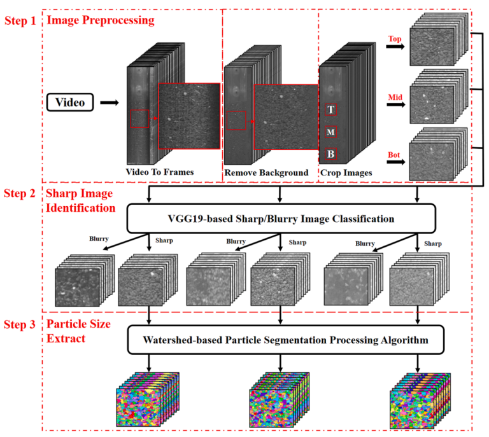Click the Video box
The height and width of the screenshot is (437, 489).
click(70, 101)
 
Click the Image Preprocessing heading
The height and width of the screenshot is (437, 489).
click(100, 20)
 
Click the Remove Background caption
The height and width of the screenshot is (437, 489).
click(266, 172)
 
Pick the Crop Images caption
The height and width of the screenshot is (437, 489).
click(345, 172)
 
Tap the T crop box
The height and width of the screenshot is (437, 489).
click(330, 109)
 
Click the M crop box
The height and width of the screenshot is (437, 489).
click(330, 132)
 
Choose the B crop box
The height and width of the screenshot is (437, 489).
click(330, 154)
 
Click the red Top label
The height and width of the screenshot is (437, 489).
click(395, 39)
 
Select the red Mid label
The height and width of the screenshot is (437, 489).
click(395, 97)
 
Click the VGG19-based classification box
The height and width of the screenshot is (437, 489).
click(281, 219)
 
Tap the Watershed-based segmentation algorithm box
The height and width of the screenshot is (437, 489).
click(281, 340)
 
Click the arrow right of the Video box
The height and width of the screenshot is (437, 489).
click(110, 101)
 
